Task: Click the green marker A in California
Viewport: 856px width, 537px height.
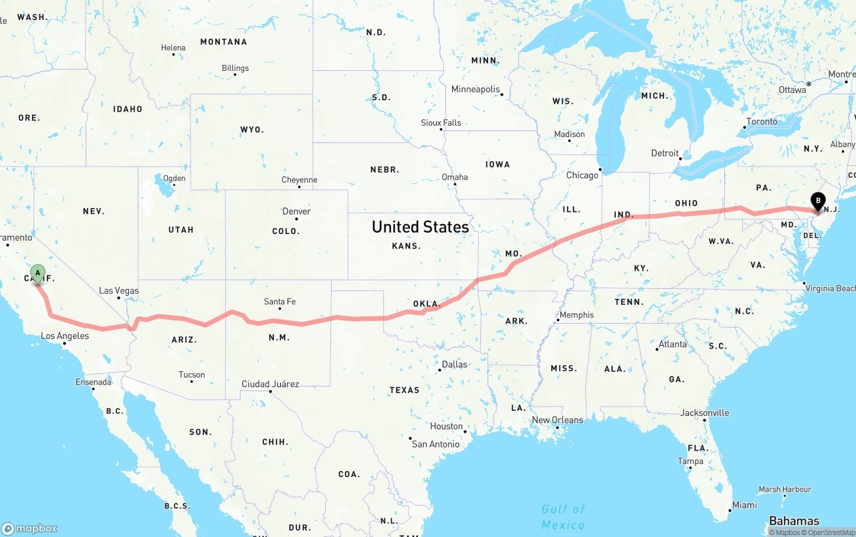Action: coord(38,273)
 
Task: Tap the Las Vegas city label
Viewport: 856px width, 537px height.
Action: coord(119,291)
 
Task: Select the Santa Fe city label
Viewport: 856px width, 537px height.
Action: coord(280,302)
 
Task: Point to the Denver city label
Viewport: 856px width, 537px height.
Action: coord(296,211)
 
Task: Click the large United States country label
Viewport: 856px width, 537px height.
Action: coord(420,227)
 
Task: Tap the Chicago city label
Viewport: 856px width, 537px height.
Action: coord(582,175)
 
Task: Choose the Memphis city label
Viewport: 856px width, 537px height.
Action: coord(576,315)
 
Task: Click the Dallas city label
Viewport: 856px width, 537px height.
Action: coord(454,364)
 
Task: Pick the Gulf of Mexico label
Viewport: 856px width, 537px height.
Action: coord(563,517)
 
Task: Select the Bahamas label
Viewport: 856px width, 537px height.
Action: coord(794,521)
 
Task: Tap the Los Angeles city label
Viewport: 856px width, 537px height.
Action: coord(65,336)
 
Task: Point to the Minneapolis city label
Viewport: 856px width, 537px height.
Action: coord(475,89)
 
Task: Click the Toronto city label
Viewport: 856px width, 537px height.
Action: coord(762,122)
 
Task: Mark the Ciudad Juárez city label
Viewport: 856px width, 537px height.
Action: coord(270,385)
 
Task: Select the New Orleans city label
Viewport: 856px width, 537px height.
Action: coord(557,420)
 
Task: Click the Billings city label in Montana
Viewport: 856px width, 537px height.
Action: coord(235,68)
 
